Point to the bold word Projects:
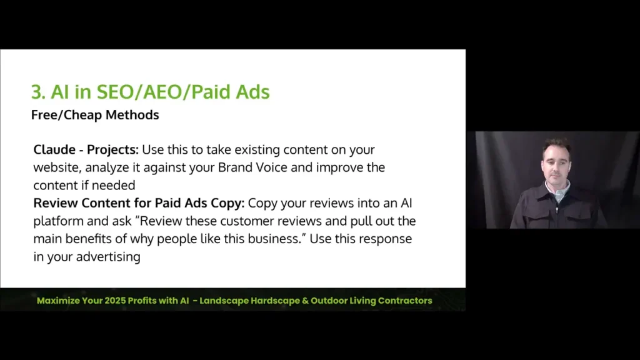tap(113, 150)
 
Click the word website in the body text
tap(57, 168)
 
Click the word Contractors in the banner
tap(402, 301)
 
